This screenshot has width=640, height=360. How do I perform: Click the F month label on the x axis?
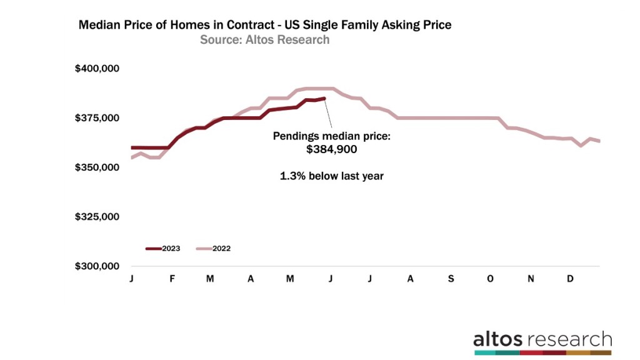171,279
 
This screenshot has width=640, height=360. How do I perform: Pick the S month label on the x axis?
450,279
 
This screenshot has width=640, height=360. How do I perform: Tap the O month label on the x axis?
490,279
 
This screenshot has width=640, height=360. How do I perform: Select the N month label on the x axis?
531,279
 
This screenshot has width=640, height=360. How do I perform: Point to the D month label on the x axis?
570,279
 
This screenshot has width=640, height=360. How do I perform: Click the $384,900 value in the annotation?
331,150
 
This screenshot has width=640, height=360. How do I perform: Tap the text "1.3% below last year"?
331,176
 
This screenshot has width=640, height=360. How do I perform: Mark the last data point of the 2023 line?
324,98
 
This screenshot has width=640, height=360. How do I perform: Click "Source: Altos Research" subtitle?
264,40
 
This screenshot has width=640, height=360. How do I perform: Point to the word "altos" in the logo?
499,339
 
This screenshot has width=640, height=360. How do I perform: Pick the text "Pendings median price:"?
331,136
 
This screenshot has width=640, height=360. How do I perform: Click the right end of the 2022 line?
599,141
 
